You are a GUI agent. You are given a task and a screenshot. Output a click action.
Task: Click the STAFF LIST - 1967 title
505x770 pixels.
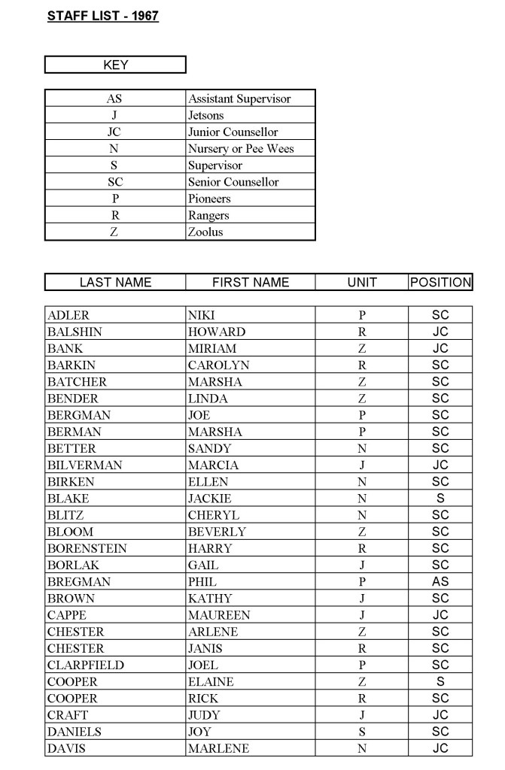[103, 15]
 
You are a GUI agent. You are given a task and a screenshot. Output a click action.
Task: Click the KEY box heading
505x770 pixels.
[115, 65]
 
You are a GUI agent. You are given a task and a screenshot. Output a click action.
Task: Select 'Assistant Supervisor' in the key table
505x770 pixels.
[239, 99]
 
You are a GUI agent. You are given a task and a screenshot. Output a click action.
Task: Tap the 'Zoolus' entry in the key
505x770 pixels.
[205, 232]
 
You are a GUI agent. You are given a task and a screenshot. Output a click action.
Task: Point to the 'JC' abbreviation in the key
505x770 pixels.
[115, 132]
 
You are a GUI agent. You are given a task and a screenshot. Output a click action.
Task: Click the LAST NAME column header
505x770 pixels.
[115, 283]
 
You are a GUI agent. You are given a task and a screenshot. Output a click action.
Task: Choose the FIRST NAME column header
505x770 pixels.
[251, 283]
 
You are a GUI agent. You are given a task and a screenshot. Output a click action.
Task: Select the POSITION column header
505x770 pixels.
[440, 283]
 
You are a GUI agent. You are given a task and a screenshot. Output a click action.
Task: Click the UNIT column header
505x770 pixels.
[362, 283]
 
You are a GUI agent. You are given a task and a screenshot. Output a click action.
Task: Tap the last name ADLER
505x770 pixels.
[68, 316]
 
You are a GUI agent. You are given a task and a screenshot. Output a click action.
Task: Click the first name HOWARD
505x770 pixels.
[217, 332]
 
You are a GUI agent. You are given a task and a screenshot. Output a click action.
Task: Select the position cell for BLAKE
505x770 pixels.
[440, 499]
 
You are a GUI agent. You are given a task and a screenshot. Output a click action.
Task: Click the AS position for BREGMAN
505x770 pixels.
[440, 582]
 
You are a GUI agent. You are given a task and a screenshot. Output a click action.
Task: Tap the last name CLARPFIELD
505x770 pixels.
[85, 665]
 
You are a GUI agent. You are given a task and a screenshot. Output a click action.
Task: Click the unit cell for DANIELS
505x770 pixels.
[362, 732]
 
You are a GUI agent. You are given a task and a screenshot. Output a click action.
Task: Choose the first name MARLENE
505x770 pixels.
[218, 749]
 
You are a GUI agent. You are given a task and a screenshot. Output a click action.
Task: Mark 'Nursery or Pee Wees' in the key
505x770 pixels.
[241, 149]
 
